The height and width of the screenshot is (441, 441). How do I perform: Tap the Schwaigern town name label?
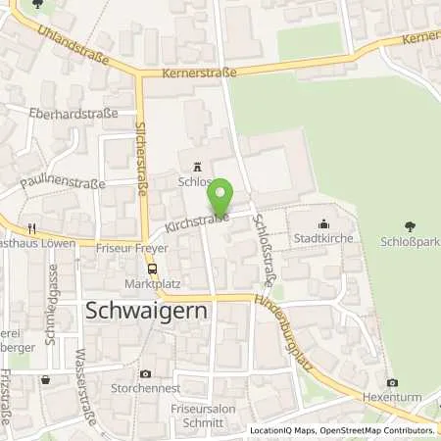point(144,313)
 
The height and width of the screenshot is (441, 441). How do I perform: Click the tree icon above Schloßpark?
point(410,225)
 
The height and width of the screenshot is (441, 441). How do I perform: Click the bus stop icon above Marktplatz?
point(152,268)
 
